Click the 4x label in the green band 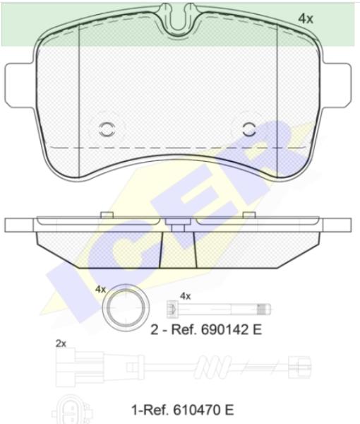pyautogui.click(x=306, y=19)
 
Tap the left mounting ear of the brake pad pyautogui.click(x=20, y=86)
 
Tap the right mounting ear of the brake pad pyautogui.click(x=337, y=86)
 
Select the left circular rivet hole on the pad pyautogui.click(x=107, y=129)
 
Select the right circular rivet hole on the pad pyautogui.click(x=249, y=129)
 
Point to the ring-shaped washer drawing pyautogui.click(x=126, y=307)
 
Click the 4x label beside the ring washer pyautogui.click(x=100, y=289)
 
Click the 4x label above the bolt pyautogui.click(x=185, y=296)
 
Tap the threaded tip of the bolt pyautogui.click(x=263, y=309)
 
